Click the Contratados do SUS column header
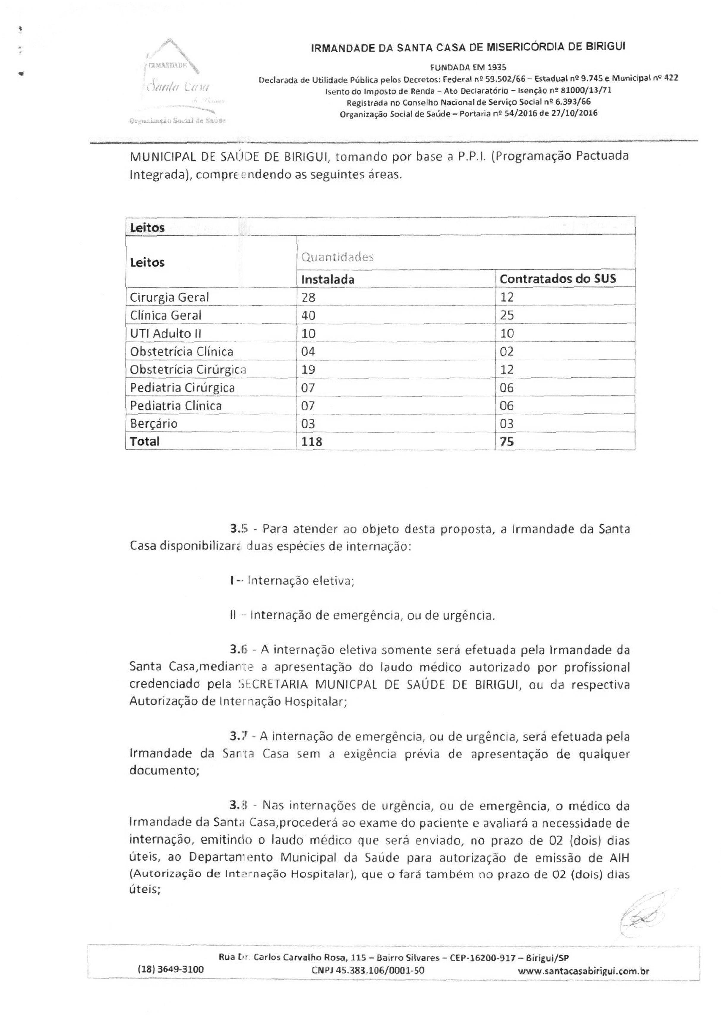[x=557, y=279]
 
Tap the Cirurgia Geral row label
[x=169, y=297]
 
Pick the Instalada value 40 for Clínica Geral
[x=308, y=315]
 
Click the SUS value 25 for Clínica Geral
[x=507, y=315]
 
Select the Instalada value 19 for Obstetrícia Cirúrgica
[x=308, y=369]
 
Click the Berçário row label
[x=153, y=423]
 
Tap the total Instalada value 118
[x=312, y=442]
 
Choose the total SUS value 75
[x=507, y=442]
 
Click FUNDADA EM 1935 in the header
[x=468, y=67]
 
